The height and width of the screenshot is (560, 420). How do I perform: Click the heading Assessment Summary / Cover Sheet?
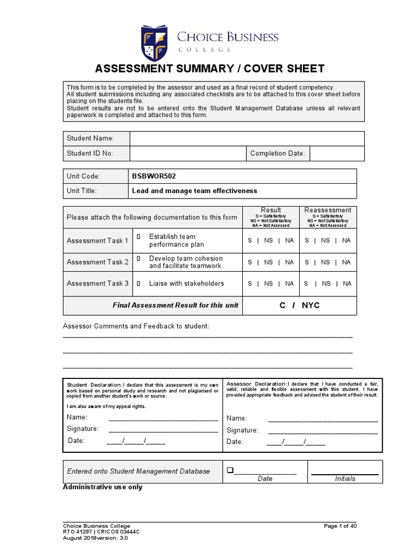(x=210, y=68)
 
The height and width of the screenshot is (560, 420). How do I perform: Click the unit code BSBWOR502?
(x=154, y=176)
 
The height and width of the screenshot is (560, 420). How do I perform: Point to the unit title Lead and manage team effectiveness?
(x=195, y=191)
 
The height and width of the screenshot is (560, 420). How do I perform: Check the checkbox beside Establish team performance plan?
(x=139, y=236)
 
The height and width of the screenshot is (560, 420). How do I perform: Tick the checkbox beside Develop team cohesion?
(x=139, y=258)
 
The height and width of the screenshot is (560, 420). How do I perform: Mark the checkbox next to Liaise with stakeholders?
(x=139, y=283)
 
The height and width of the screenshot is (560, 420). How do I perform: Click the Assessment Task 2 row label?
(x=98, y=262)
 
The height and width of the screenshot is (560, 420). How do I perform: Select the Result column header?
(x=271, y=210)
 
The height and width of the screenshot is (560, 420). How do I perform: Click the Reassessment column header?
(x=328, y=210)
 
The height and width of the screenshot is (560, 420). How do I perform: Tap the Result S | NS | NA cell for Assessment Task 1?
(x=271, y=241)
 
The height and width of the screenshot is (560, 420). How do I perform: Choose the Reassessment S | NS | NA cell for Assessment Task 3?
(x=328, y=283)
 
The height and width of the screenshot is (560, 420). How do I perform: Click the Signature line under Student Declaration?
(x=164, y=430)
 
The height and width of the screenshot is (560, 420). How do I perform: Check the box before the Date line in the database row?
(x=230, y=470)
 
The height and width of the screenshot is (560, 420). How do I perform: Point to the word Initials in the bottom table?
(x=345, y=479)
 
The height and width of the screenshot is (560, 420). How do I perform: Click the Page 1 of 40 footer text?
(x=340, y=526)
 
